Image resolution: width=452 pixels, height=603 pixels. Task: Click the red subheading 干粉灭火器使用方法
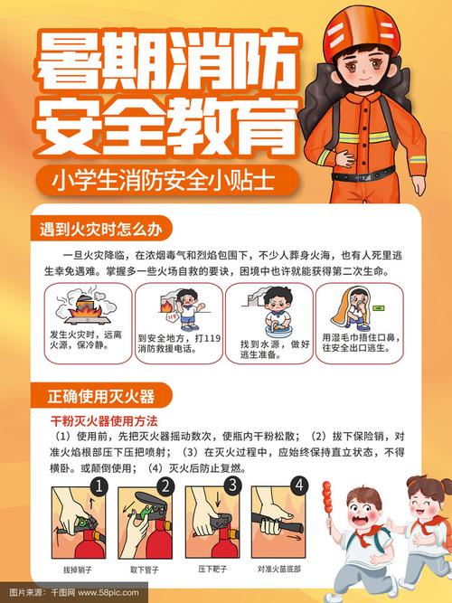coord(104,421)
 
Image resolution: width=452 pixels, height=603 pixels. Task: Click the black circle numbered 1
coord(100,488)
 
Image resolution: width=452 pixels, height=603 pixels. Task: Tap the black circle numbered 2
coord(165,488)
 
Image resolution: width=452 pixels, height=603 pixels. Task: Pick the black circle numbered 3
coord(231,486)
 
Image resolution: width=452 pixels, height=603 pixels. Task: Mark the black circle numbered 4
coord(297,486)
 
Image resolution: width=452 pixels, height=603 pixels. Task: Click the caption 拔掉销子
coord(78,570)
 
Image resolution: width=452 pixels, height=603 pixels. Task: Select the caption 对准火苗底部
coord(279,570)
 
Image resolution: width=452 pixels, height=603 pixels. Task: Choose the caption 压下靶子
coord(212,570)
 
